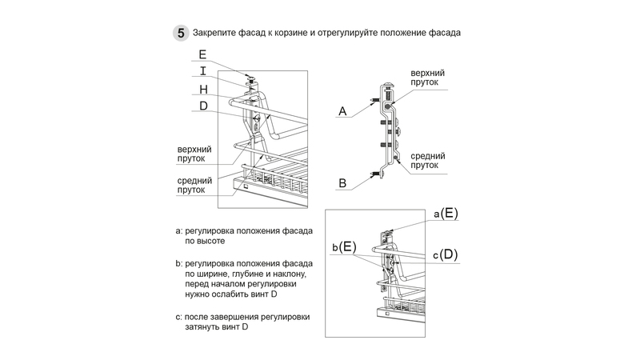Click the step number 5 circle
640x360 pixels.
182,34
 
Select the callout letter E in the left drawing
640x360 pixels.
202,55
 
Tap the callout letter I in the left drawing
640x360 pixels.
202,71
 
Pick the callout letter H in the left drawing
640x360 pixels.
203,89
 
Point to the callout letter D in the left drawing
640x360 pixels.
203,106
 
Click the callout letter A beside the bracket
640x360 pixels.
342,111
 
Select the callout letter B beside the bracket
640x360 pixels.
342,183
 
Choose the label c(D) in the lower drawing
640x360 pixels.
445,254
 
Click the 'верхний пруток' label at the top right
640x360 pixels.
427,78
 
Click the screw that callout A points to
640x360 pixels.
374,102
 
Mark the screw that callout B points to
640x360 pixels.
374,174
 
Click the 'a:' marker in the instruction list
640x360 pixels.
178,230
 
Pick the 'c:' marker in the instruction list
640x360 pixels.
178,318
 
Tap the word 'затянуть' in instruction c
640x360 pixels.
204,328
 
